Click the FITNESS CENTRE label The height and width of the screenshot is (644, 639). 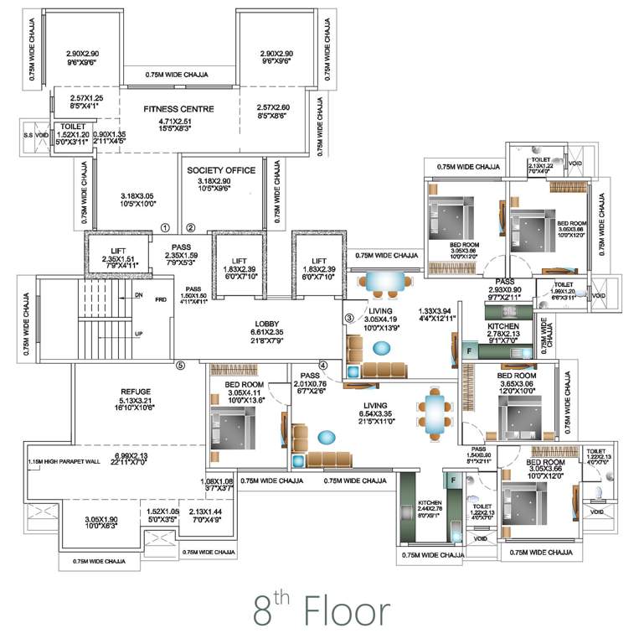pos(178,109)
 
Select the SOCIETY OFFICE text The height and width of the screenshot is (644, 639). pos(221,170)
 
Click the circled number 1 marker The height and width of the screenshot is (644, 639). pos(165,227)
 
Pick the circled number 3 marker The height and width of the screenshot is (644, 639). pos(348,318)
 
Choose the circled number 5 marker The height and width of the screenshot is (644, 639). pos(179,365)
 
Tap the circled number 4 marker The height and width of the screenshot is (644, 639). pos(322,365)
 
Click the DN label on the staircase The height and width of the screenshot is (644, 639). pos(139,295)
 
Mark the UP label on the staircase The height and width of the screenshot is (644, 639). pos(139,333)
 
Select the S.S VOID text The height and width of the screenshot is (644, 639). pos(34,135)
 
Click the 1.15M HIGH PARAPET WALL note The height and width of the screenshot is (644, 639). pos(56,462)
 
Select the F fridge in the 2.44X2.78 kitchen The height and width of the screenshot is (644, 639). pos(453,480)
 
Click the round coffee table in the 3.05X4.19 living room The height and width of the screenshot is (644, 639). pos(381,347)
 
